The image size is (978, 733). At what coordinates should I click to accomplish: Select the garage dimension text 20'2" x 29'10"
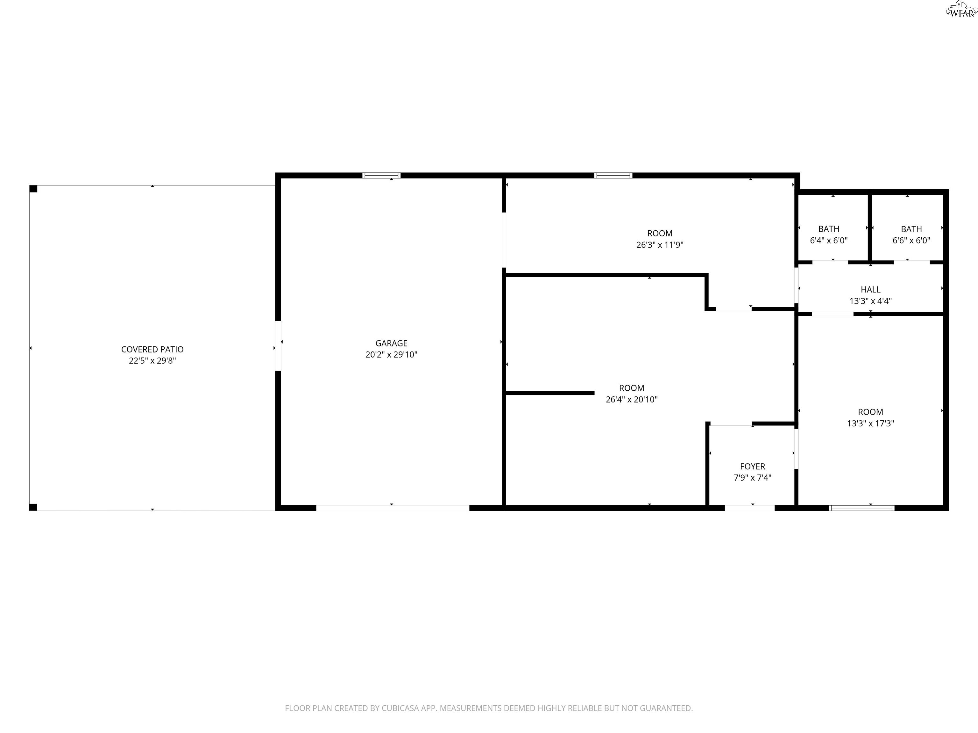tap(391, 354)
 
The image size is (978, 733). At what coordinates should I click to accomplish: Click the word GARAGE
tap(391, 343)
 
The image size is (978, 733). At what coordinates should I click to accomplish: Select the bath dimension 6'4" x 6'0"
tap(829, 241)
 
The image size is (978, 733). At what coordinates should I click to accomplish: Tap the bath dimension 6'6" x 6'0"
tap(911, 241)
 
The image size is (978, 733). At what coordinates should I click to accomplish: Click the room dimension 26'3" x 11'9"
tap(660, 245)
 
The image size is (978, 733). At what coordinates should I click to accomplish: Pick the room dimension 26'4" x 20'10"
tap(631, 399)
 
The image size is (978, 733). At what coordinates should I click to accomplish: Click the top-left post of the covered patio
tap(33, 189)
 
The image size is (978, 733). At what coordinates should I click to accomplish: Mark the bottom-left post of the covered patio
tap(33, 507)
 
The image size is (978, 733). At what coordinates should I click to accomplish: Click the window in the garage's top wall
tap(382, 175)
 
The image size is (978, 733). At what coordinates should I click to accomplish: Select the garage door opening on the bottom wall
tap(393, 508)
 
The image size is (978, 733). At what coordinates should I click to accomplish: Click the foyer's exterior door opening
tap(749, 508)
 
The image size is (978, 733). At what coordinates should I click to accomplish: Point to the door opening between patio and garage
tap(278, 346)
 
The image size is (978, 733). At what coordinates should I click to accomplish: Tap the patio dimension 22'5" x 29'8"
tap(152, 360)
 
